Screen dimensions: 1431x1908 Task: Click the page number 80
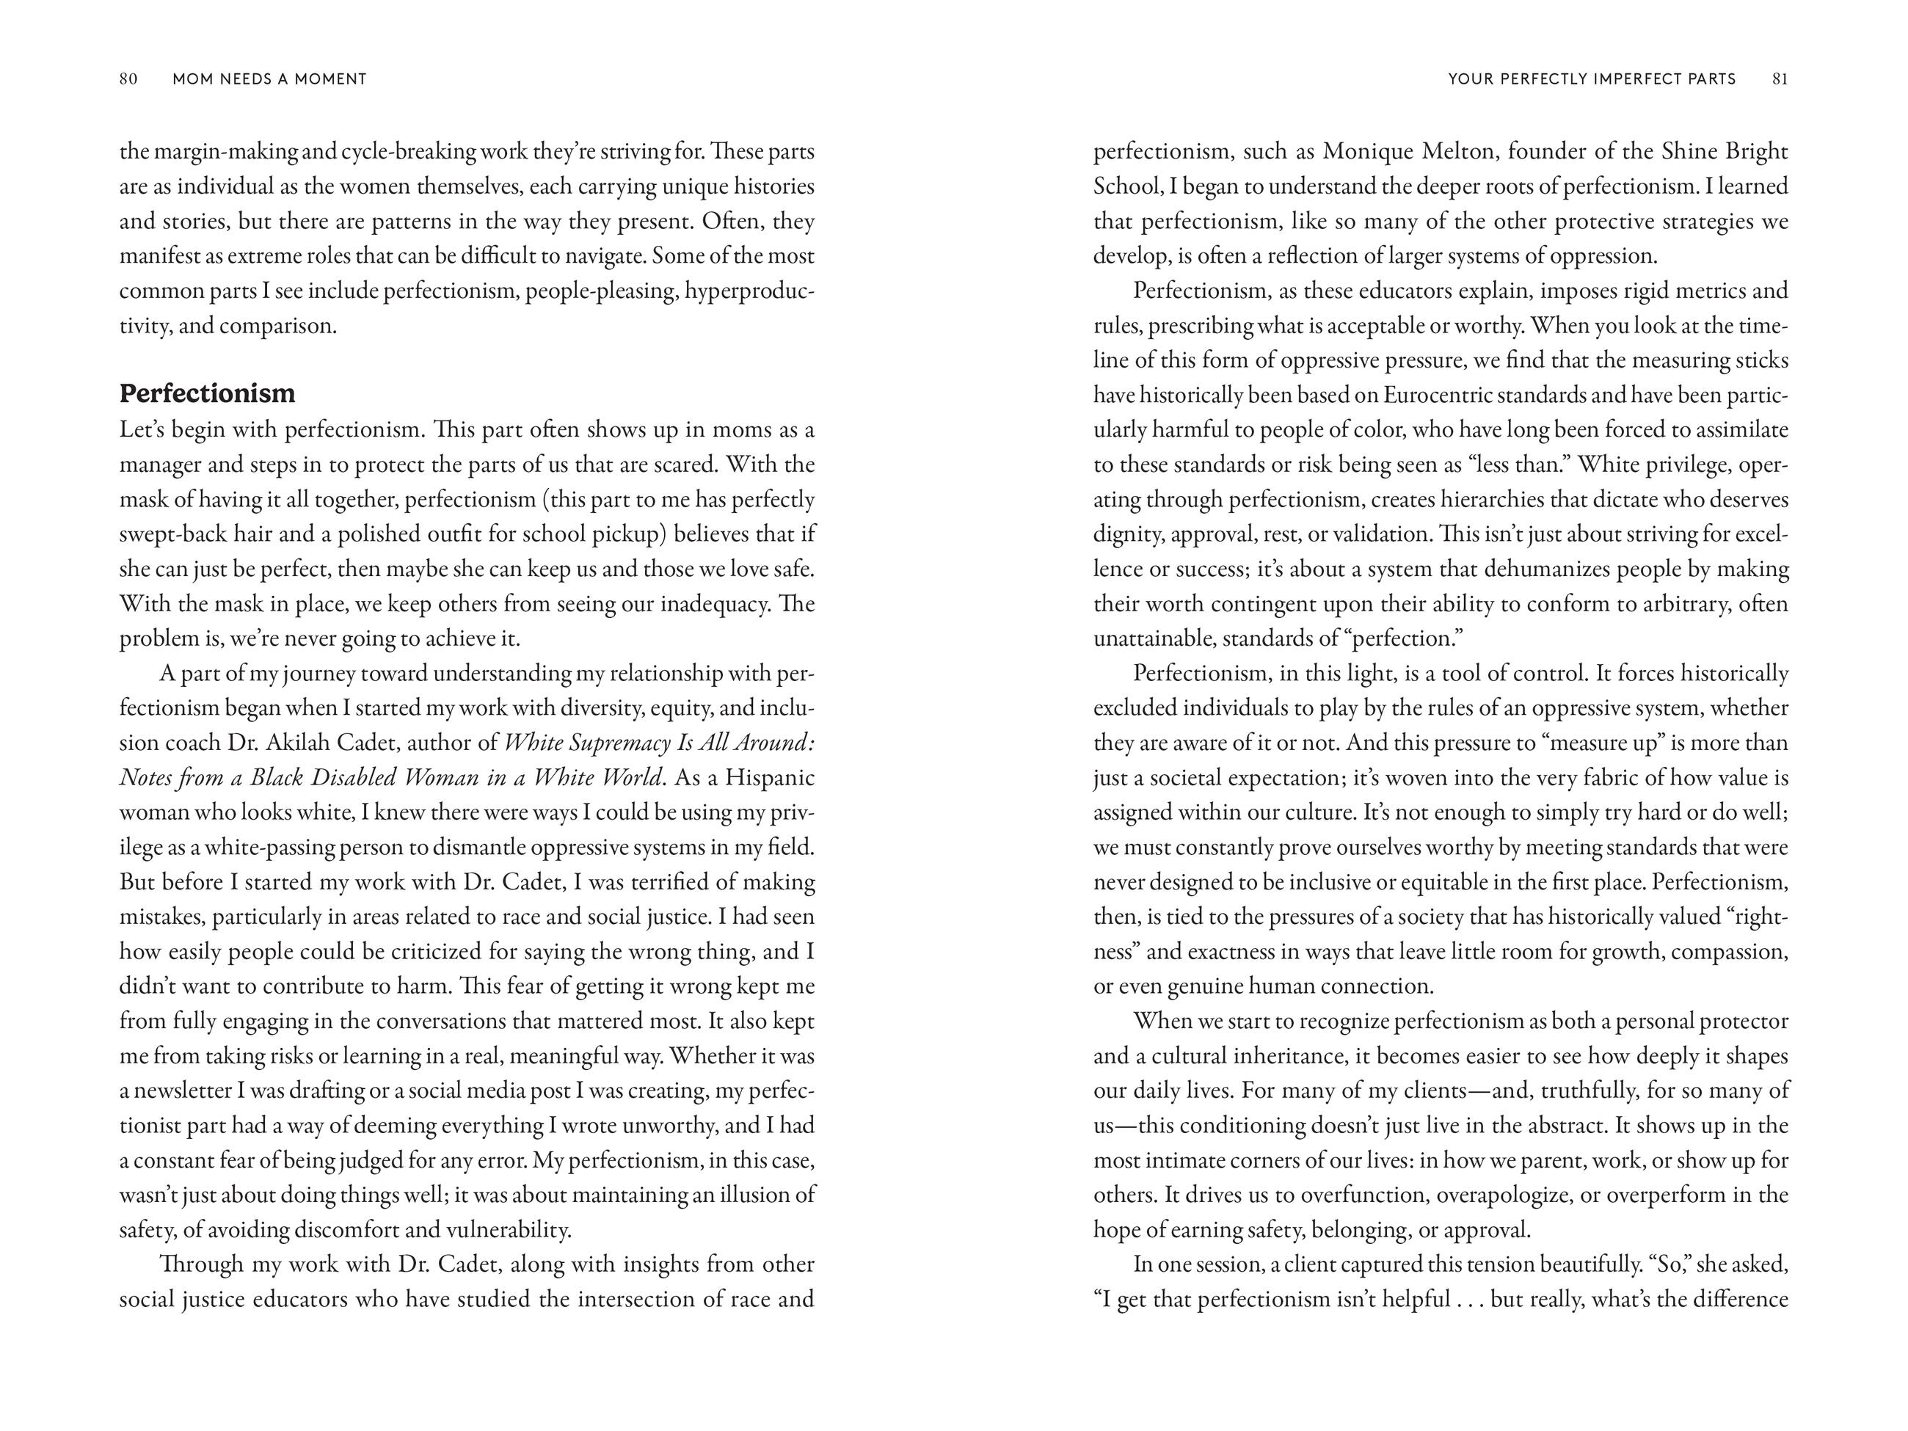pyautogui.click(x=128, y=79)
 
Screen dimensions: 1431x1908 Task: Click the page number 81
pyautogui.click(x=1780, y=79)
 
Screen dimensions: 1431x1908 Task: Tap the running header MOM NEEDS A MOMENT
pyautogui.click(x=269, y=79)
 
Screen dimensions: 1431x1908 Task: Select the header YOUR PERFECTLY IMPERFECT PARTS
pyautogui.click(x=1592, y=79)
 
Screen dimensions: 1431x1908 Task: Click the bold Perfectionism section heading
pyautogui.click(x=207, y=393)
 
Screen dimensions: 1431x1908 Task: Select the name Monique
pyautogui.click(x=1366, y=152)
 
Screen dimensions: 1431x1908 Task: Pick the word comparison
pyautogui.click(x=277, y=326)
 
